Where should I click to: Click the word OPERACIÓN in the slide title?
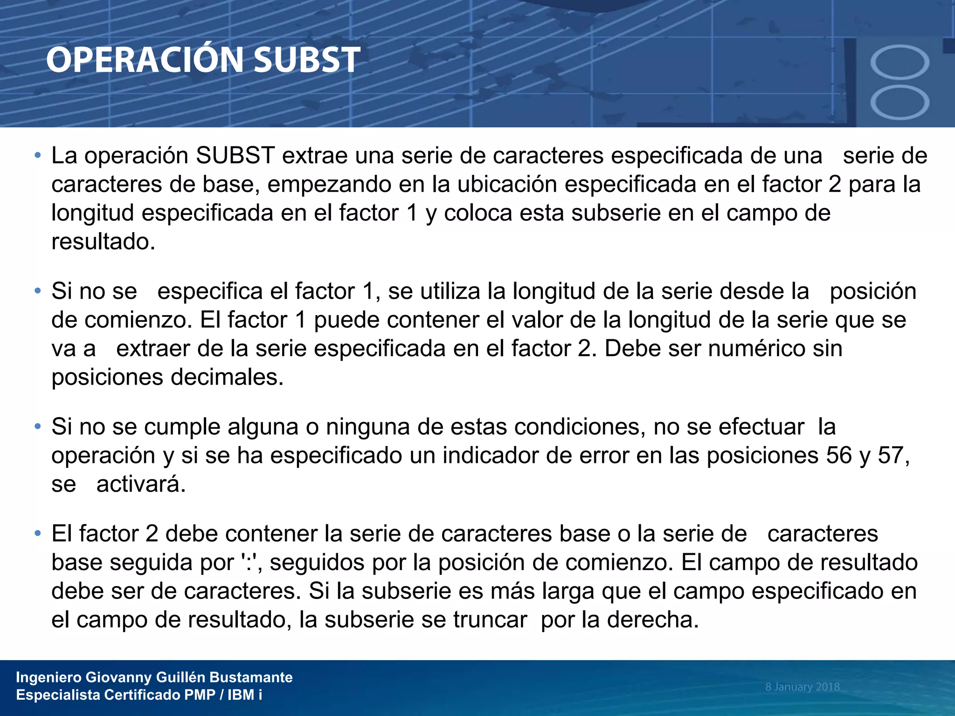[x=145, y=60]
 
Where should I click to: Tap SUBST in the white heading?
[x=307, y=60]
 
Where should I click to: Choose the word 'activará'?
[x=140, y=484]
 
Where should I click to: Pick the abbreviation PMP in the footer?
[x=200, y=695]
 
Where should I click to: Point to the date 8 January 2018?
[x=802, y=687]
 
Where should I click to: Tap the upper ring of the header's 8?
[x=900, y=62]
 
